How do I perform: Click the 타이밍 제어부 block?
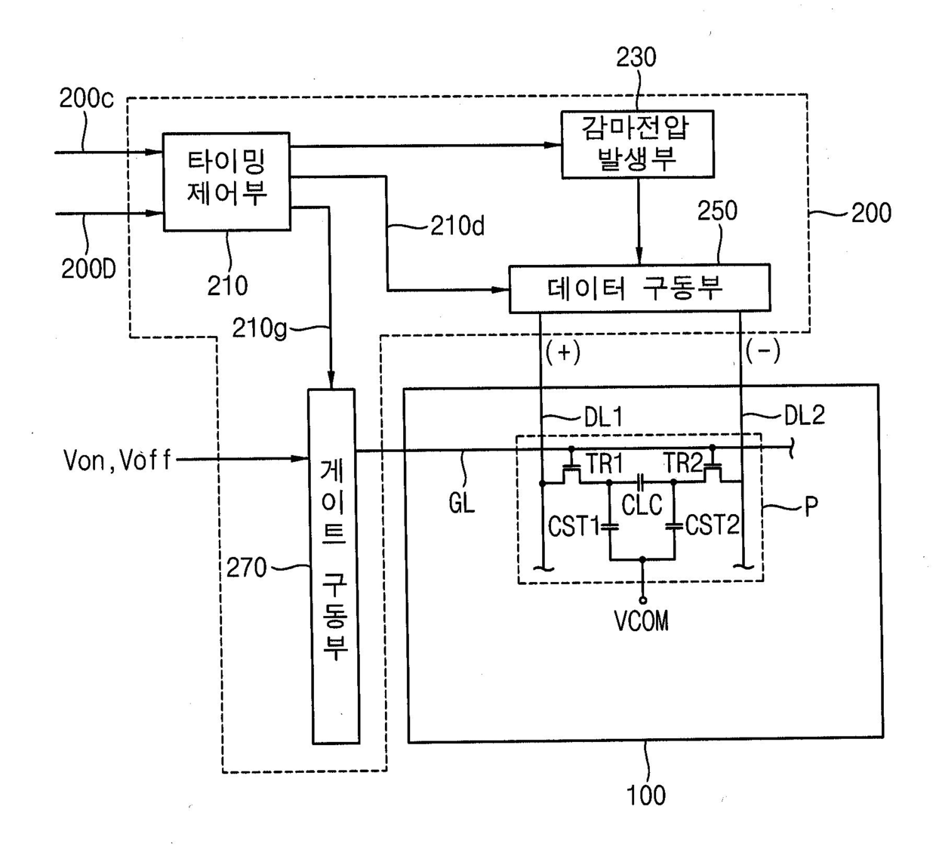coord(226,181)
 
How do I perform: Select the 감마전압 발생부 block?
coord(637,144)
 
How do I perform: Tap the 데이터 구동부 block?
coord(639,288)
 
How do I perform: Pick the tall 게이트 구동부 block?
coord(334,566)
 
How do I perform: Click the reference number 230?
coord(636,57)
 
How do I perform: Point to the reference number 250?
coord(717,211)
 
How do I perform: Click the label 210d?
coord(457,226)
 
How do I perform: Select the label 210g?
coord(260,328)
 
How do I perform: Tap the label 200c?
coord(86,98)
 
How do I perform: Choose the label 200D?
coord(88,269)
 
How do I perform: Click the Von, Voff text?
coord(117,460)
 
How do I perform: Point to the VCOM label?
coord(642,621)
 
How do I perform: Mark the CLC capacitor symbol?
coord(642,482)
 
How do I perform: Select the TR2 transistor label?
coord(683,463)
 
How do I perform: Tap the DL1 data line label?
coord(603,417)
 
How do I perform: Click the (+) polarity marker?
coord(563,353)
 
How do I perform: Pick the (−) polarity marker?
coord(763,351)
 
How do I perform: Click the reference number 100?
coord(646,796)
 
